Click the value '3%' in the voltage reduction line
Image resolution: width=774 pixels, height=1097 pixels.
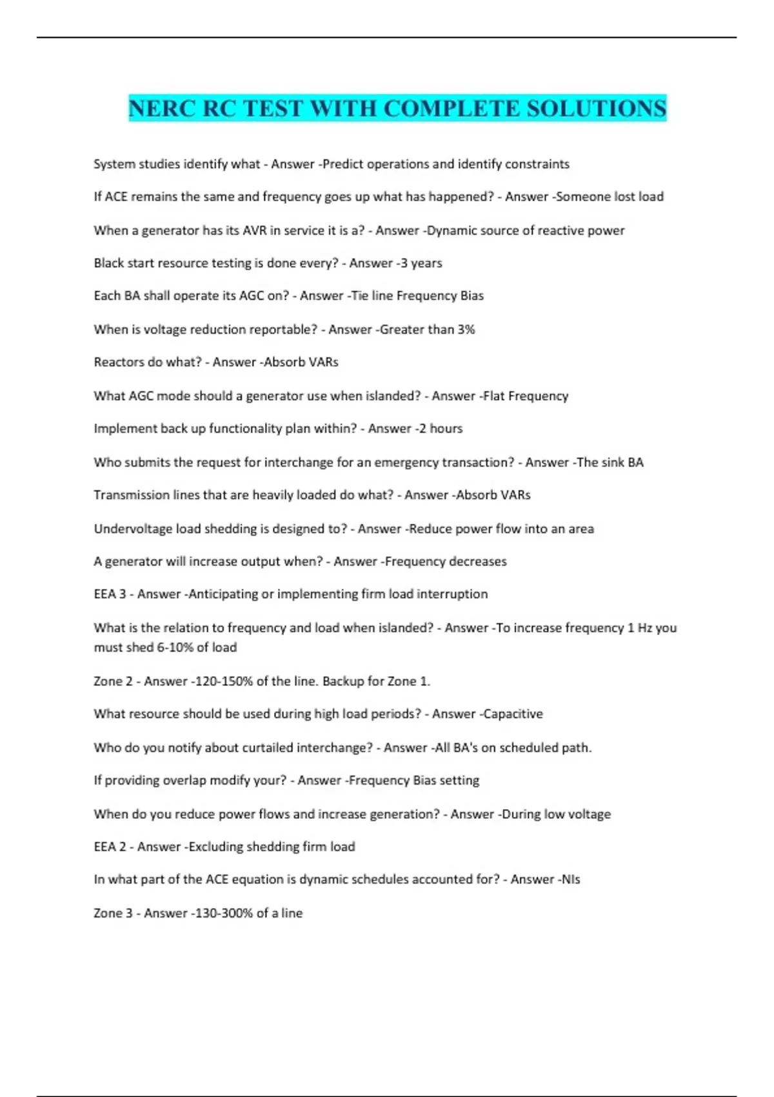(x=466, y=330)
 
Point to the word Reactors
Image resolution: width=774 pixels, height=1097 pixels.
(x=119, y=362)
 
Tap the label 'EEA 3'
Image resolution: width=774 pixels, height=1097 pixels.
(x=110, y=594)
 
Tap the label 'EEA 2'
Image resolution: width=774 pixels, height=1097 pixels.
(x=110, y=847)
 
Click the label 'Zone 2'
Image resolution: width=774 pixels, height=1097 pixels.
(x=114, y=681)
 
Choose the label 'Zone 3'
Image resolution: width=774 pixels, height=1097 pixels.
(x=114, y=913)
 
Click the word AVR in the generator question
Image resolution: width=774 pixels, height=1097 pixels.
(x=254, y=230)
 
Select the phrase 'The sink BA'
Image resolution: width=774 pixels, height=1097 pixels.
(x=610, y=463)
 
